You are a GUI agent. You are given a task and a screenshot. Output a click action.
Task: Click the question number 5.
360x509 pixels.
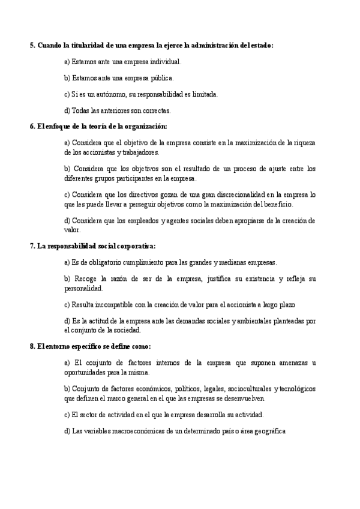coord(32,46)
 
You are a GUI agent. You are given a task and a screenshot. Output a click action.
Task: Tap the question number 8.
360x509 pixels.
coord(32,346)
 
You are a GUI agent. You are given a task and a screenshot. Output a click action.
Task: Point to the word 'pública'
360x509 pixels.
coord(159,77)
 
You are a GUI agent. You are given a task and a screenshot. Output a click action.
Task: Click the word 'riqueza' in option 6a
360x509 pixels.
coord(304,143)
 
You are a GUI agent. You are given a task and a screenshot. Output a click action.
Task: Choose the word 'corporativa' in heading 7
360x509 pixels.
coord(134,246)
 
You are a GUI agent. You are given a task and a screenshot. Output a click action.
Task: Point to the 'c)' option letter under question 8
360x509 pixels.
coord(67,415)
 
